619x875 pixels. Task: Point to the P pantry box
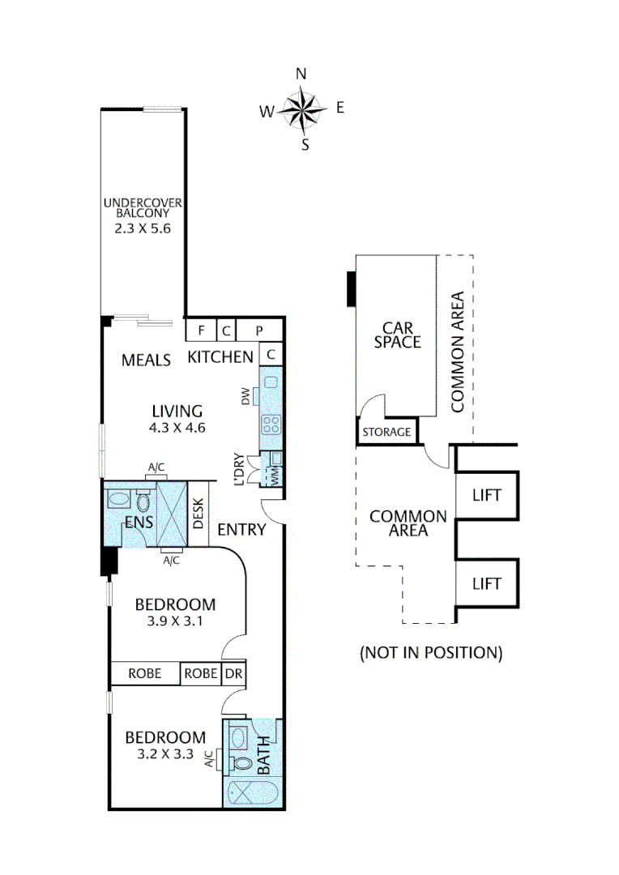tap(260, 330)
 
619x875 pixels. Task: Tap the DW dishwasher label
tap(245, 396)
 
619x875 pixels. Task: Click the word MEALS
tap(146, 360)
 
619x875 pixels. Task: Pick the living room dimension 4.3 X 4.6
tap(177, 428)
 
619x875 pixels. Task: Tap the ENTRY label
tap(241, 530)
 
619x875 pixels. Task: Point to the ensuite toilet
tap(143, 500)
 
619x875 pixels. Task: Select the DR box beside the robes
tap(232, 673)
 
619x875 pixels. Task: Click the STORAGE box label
tap(386, 432)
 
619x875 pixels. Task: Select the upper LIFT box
tap(486, 495)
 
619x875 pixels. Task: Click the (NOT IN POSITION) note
tap(430, 652)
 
